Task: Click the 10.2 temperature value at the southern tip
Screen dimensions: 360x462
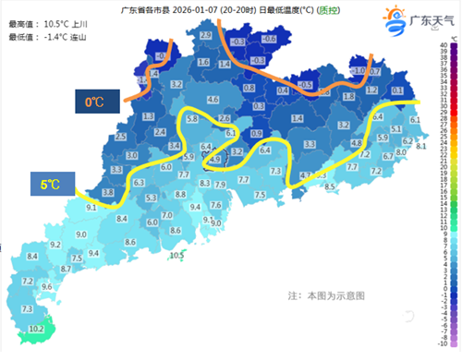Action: click(36, 329)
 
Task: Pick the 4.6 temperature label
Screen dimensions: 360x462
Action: click(213, 99)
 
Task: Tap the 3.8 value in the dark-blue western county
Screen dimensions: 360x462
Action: click(108, 192)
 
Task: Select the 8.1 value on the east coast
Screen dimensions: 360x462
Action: click(421, 147)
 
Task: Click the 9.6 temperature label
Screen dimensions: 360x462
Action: click(46, 287)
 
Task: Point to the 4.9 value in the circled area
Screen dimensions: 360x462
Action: click(215, 160)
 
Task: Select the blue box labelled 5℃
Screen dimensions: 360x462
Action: click(52, 185)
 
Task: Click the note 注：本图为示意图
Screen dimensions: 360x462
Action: click(326, 296)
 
